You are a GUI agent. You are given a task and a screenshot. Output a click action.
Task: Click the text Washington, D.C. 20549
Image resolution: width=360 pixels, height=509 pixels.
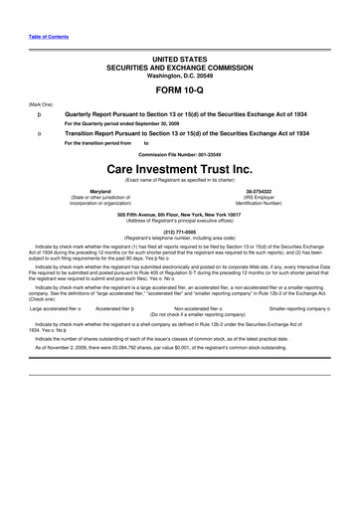[180, 75]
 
